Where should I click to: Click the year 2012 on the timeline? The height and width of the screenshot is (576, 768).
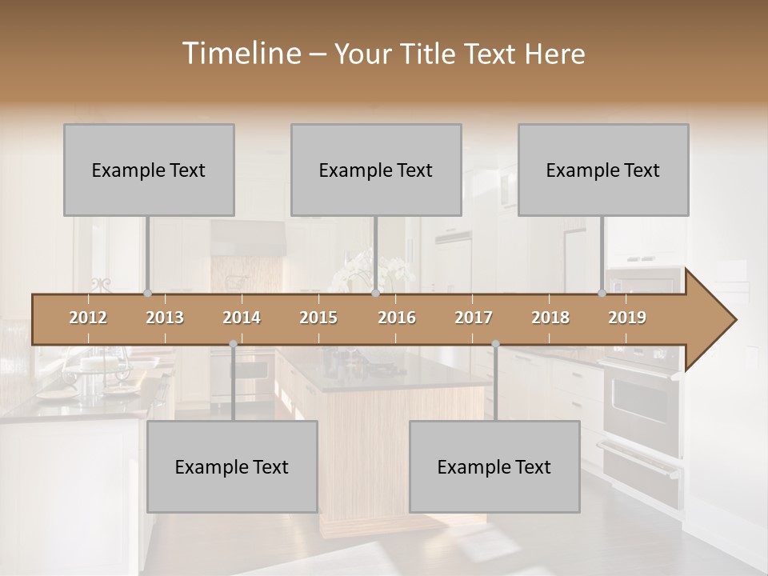coord(88,318)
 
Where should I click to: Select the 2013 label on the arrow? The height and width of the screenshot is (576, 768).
coord(165,318)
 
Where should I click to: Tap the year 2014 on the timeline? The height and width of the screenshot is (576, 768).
coord(242,318)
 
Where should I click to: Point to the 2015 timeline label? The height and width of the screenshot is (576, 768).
coord(318,318)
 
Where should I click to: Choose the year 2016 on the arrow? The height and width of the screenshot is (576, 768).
coord(397,318)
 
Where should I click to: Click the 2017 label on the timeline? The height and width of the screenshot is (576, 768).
coord(474,318)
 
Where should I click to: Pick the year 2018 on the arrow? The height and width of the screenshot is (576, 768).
coord(550,318)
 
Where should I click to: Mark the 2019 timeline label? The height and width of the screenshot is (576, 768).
coord(627,318)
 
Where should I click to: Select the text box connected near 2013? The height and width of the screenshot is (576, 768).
coord(149,170)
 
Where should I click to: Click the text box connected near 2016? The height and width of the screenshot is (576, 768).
coord(376,170)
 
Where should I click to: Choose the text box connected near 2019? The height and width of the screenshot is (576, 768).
coord(603,170)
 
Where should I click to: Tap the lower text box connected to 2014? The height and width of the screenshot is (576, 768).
coord(232,466)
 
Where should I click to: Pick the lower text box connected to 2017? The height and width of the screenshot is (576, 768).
coord(494,466)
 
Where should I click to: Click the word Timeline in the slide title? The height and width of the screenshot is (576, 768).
coord(240,54)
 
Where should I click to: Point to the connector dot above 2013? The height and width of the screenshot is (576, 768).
coord(147,294)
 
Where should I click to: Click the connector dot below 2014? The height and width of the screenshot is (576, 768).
coord(233,344)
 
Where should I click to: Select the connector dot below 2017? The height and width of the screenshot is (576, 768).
coord(495,344)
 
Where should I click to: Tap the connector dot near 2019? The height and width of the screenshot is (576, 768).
coord(602,294)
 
